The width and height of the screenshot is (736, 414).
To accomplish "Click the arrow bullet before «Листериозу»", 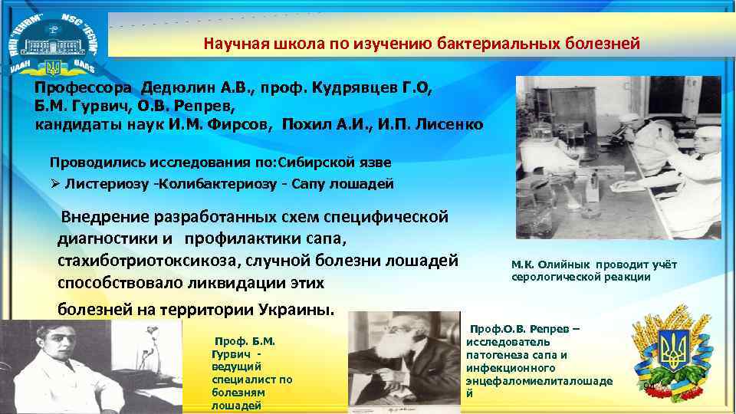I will coord(56,184).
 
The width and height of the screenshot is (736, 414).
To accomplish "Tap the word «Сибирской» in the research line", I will coord(315,163).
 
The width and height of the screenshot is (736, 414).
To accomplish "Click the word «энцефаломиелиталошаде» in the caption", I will coord(539,380).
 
